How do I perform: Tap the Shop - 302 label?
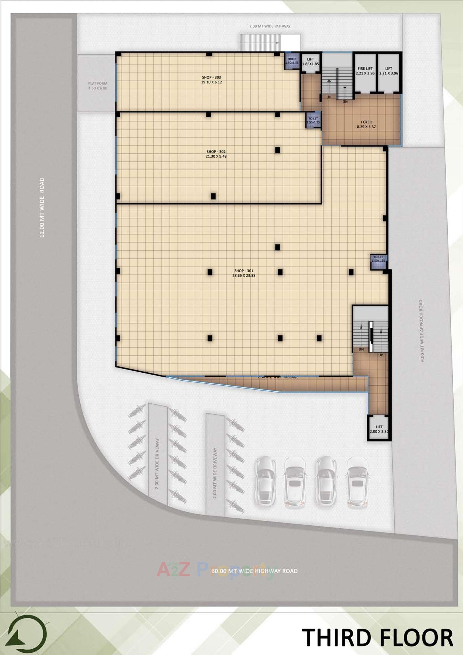coord(216,154)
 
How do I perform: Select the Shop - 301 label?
coord(244,273)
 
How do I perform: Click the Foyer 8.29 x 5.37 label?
coord(366,124)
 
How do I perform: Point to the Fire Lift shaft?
coord(365,71)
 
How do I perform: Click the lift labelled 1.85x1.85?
coord(310,62)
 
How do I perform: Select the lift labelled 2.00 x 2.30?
coord(379,429)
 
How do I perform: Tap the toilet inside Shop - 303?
coord(292,61)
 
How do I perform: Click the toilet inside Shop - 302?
coord(313,120)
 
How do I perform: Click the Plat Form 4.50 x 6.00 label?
coord(98,86)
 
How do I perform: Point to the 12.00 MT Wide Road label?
coord(42,207)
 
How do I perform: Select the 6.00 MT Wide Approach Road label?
coord(422,331)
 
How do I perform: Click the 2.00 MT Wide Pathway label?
coord(270,26)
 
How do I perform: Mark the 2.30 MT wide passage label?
coord(278,377)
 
